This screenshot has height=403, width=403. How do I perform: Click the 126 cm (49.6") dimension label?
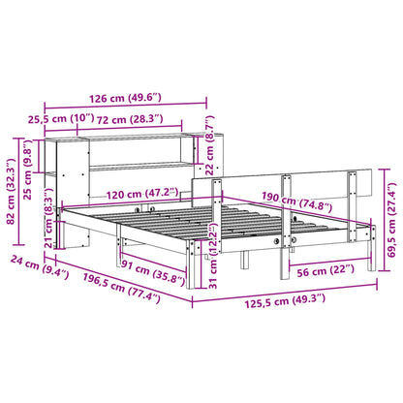(x=124, y=97)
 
